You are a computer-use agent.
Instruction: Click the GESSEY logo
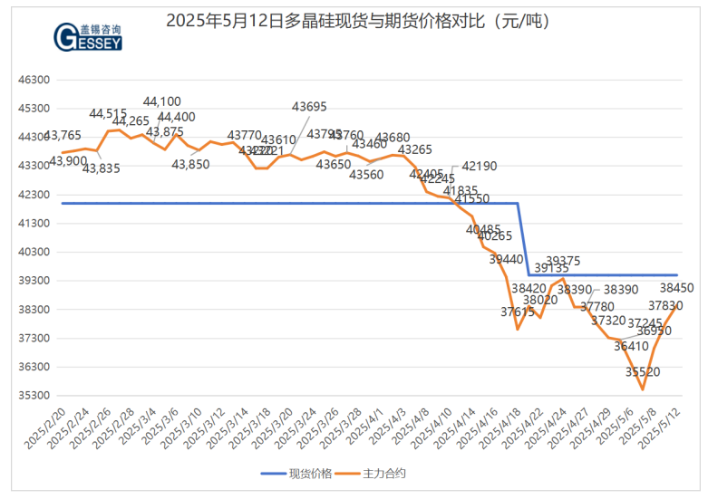click(88, 34)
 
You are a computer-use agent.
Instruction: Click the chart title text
click(359, 20)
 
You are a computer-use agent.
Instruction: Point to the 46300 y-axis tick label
click(34, 80)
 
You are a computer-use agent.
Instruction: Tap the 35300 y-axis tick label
click(34, 396)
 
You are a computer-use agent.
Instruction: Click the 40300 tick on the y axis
click(34, 252)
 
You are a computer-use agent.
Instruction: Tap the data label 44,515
click(108, 113)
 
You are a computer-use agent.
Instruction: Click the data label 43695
click(309, 106)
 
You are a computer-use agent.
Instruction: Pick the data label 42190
click(480, 167)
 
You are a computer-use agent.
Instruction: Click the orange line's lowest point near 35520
click(642, 389)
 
